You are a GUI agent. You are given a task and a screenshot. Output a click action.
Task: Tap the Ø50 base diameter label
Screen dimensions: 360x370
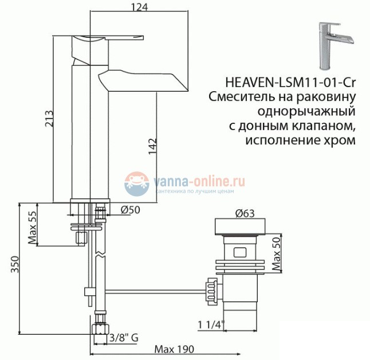(130, 210)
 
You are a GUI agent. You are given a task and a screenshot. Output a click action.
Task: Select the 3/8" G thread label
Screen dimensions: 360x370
(123, 338)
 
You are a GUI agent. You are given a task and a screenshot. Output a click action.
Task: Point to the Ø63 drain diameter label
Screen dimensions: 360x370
(245, 214)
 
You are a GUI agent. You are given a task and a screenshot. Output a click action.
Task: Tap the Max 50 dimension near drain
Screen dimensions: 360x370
(275, 255)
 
